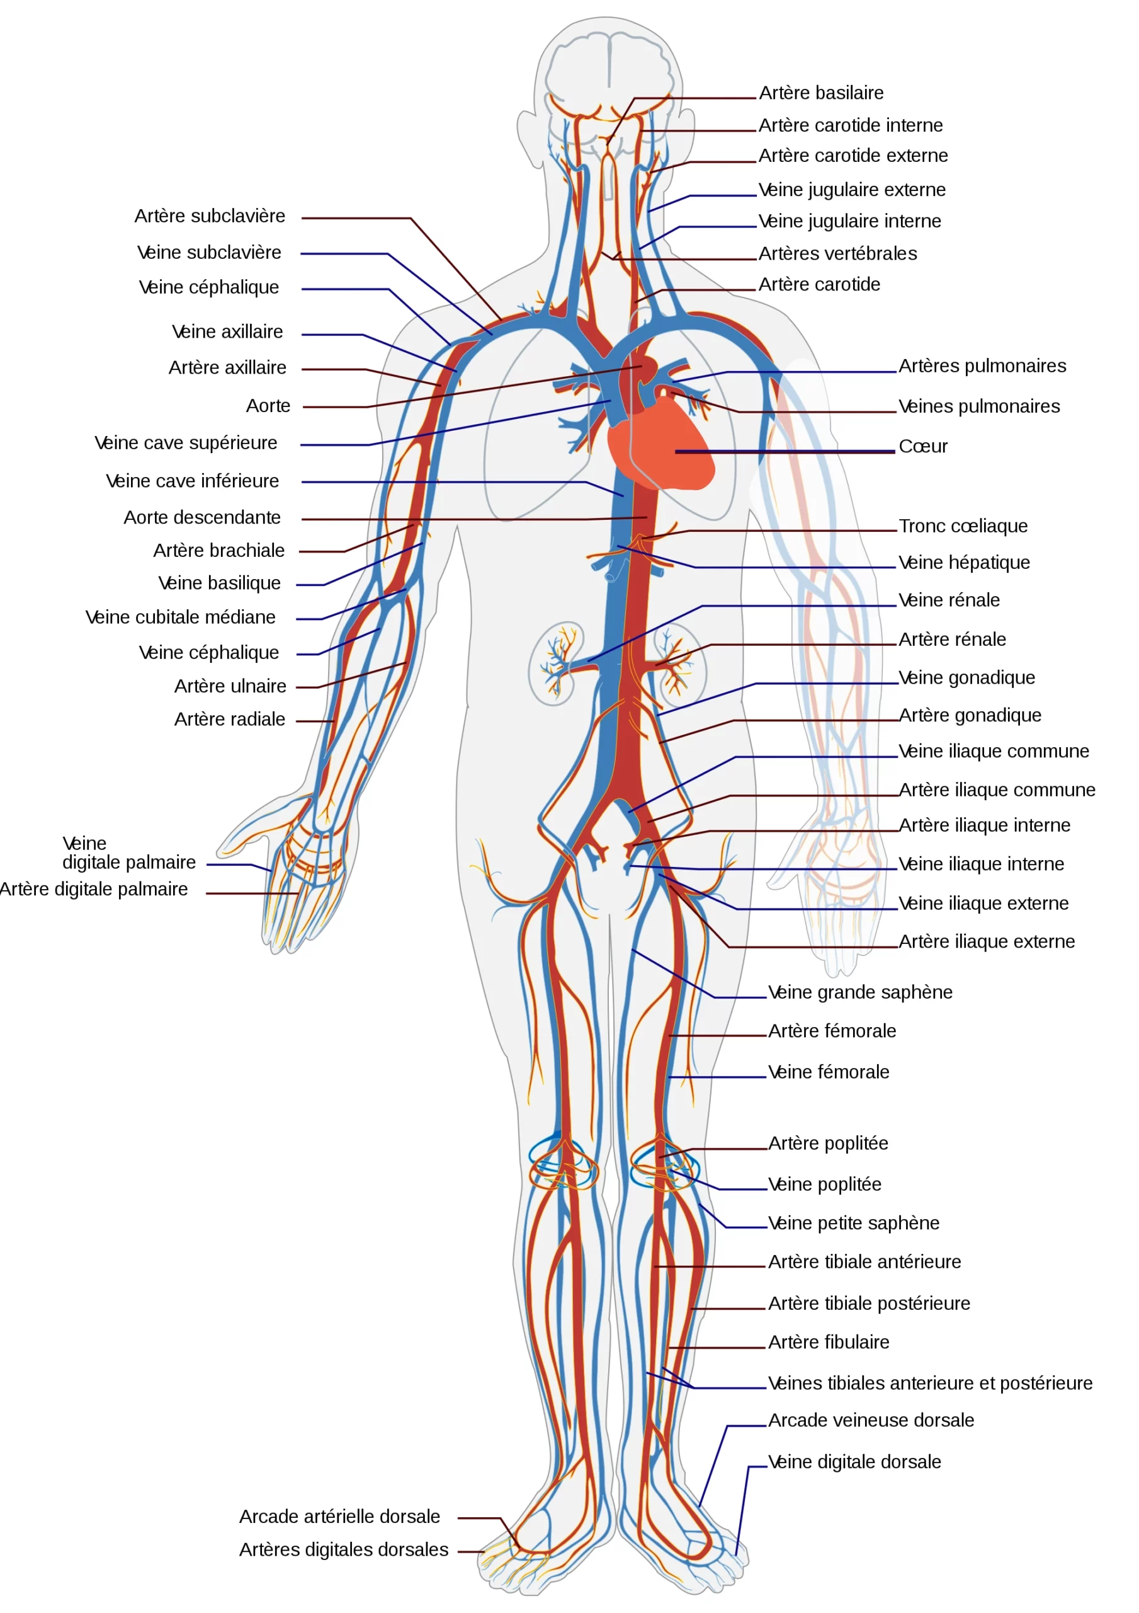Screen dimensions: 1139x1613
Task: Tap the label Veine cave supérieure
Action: point(186,444)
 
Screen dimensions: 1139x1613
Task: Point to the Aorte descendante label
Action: point(202,518)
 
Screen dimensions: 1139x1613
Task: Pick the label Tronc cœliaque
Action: point(963,526)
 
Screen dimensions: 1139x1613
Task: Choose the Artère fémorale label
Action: point(832,1031)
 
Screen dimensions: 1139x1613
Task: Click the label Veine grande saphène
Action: point(860,992)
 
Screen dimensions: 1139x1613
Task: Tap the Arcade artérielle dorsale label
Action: point(340,1517)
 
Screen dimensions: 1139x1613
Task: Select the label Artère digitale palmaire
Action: point(93,890)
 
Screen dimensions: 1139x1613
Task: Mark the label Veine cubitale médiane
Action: point(181,617)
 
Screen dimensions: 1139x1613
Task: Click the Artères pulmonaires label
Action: point(982,366)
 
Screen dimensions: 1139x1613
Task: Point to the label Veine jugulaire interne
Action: point(850,222)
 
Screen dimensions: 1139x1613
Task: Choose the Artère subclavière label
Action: point(210,216)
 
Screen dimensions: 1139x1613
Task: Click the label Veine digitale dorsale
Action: point(854,1462)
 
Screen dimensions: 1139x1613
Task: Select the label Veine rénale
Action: point(949,600)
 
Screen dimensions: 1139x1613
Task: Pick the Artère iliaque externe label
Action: point(987,942)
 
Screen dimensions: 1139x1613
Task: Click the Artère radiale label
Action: point(230,720)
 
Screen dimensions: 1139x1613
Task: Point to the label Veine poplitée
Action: point(824,1185)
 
